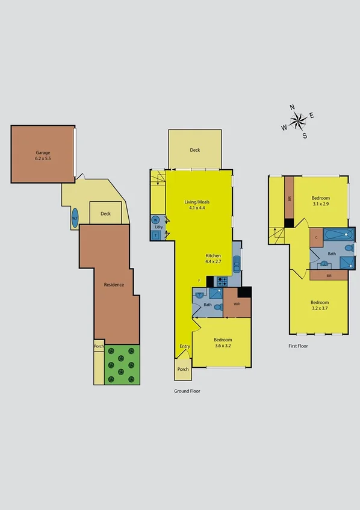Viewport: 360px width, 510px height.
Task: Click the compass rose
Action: pos(298,121)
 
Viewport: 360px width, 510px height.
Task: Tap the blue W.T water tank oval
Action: pos(75,217)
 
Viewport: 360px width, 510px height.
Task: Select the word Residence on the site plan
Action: pos(114,284)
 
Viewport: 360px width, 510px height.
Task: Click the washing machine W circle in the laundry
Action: pos(156,220)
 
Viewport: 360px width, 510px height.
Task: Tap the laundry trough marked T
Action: pos(156,235)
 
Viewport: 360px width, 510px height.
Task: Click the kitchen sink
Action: pos(237,263)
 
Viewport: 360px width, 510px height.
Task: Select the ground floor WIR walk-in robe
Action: pos(236,305)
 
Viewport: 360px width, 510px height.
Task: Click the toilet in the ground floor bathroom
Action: pos(199,295)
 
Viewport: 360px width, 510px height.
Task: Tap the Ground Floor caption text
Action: pos(187,391)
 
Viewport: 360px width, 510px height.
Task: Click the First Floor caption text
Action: pos(299,346)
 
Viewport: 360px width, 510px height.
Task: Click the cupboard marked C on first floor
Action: pos(317,237)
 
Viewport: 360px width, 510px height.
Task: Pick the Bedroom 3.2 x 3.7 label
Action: pos(320,306)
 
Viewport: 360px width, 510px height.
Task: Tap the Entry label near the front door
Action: pos(184,347)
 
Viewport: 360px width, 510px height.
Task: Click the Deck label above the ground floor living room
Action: pos(194,150)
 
